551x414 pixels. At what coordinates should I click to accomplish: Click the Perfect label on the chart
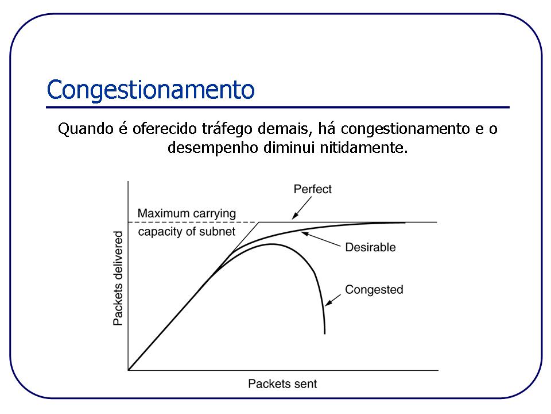pos(312,189)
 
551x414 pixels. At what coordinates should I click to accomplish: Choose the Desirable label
pos(370,248)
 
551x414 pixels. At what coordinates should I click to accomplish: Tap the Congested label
pos(374,289)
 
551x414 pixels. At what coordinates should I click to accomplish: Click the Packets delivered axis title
pos(118,278)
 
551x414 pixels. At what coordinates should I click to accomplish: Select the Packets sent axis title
pos(282,383)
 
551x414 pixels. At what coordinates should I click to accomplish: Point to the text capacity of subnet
pos(187,232)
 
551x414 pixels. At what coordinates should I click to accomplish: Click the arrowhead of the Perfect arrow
pos(294,218)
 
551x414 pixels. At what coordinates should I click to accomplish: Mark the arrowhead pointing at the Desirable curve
pos(304,233)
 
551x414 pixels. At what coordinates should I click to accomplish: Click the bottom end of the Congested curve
pos(325,332)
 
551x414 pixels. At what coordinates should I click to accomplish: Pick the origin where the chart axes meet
pos(128,370)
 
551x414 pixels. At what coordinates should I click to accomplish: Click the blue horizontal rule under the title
pos(278,107)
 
